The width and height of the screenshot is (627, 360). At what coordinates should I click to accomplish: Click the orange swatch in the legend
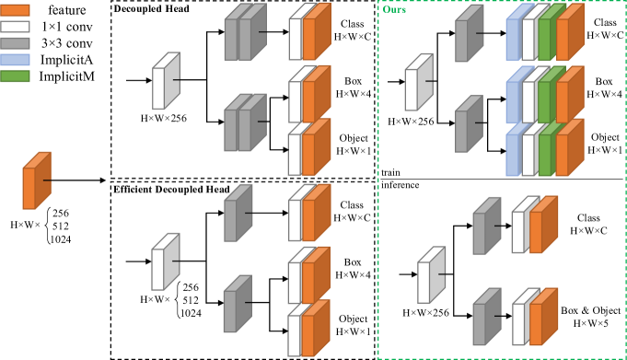point(15,10)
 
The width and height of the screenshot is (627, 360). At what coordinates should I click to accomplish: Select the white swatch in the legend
point(15,27)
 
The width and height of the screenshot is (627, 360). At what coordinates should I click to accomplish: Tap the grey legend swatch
point(15,43)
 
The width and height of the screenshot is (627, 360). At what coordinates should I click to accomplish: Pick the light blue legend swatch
point(15,60)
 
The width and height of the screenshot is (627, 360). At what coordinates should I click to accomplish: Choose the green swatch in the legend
point(15,76)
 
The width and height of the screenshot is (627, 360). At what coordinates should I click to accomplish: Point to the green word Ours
point(394,10)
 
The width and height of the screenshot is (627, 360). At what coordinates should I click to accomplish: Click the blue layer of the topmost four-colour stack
point(513,39)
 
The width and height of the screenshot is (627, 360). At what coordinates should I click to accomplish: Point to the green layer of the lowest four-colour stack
point(545,155)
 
